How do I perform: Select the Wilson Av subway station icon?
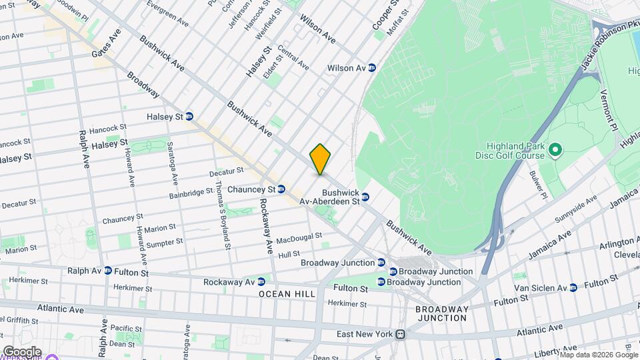(x=372, y=68)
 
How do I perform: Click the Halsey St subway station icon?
(x=189, y=117)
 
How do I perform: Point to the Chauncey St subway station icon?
(x=281, y=189)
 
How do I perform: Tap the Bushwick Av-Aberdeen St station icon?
(x=365, y=197)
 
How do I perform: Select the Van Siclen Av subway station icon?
(x=573, y=288)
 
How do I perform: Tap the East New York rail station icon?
(x=401, y=335)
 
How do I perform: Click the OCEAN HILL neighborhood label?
(x=287, y=294)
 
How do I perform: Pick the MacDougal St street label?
(x=299, y=237)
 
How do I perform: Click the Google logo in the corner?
(x=22, y=351)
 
